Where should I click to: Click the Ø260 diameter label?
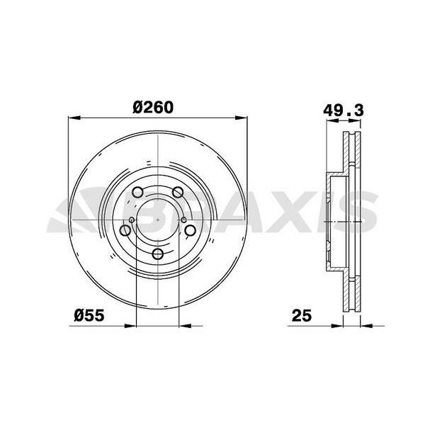click(x=153, y=108)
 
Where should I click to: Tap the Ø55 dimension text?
click(x=89, y=315)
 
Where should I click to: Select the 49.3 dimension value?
click(x=344, y=110)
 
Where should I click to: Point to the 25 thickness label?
click(x=302, y=315)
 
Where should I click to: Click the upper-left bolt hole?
click(x=137, y=192)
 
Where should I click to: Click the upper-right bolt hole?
click(x=178, y=192)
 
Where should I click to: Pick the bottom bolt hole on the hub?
click(x=157, y=254)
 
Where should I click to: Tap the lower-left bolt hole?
click(x=125, y=230)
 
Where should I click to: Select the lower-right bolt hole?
click(x=190, y=230)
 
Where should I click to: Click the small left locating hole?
click(x=132, y=220)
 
